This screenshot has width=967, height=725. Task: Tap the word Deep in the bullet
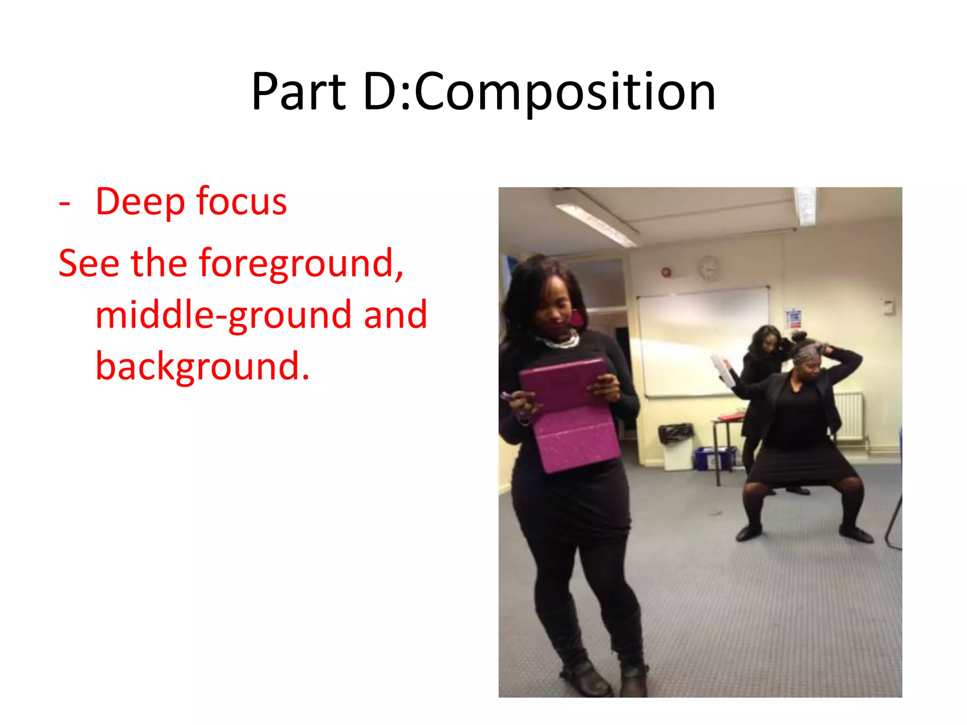[x=140, y=202]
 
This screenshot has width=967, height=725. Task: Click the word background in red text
[x=203, y=366]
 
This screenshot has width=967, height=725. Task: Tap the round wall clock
[x=709, y=269]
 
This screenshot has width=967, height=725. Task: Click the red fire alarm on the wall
[x=666, y=272]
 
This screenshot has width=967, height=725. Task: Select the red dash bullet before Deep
[x=65, y=204]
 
